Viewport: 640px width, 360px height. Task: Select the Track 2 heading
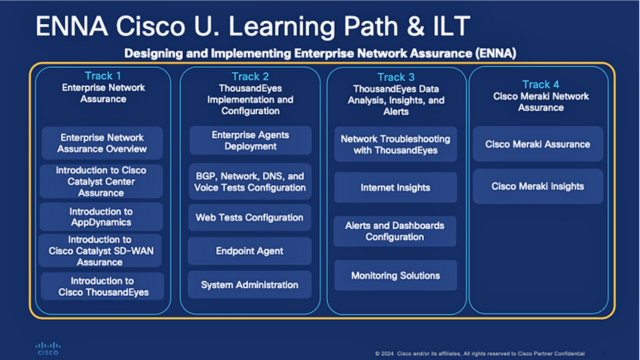pos(249,76)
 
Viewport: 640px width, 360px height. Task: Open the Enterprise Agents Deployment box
pos(249,139)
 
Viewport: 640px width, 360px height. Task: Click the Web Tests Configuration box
pos(249,217)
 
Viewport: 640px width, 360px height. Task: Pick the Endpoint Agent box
pos(249,251)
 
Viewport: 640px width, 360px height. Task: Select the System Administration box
pos(249,285)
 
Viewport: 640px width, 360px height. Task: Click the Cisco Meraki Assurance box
pos(538,144)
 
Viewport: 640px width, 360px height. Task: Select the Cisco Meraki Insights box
pos(538,186)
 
